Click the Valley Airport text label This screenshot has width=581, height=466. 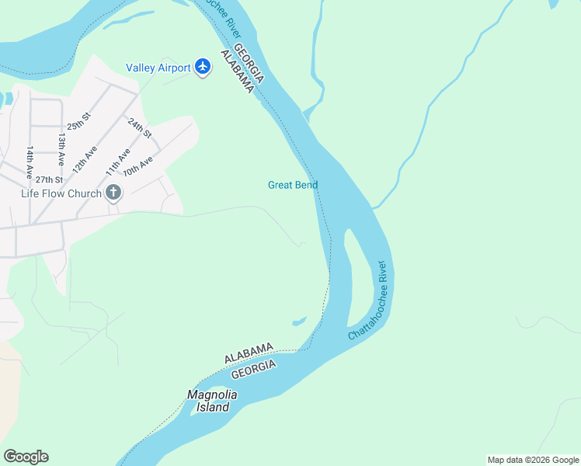click(158, 68)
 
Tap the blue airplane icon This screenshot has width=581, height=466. click(204, 67)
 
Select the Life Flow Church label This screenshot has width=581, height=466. click(61, 193)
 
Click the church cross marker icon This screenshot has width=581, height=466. click(113, 193)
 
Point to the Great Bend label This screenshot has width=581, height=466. click(293, 185)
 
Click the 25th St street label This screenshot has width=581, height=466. click(78, 120)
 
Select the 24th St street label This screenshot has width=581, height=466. click(139, 127)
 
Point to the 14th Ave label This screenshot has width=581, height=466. click(30, 160)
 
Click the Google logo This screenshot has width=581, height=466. click(26, 457)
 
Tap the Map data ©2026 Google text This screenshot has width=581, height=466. click(533, 460)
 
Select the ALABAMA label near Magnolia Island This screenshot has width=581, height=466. click(249, 353)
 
